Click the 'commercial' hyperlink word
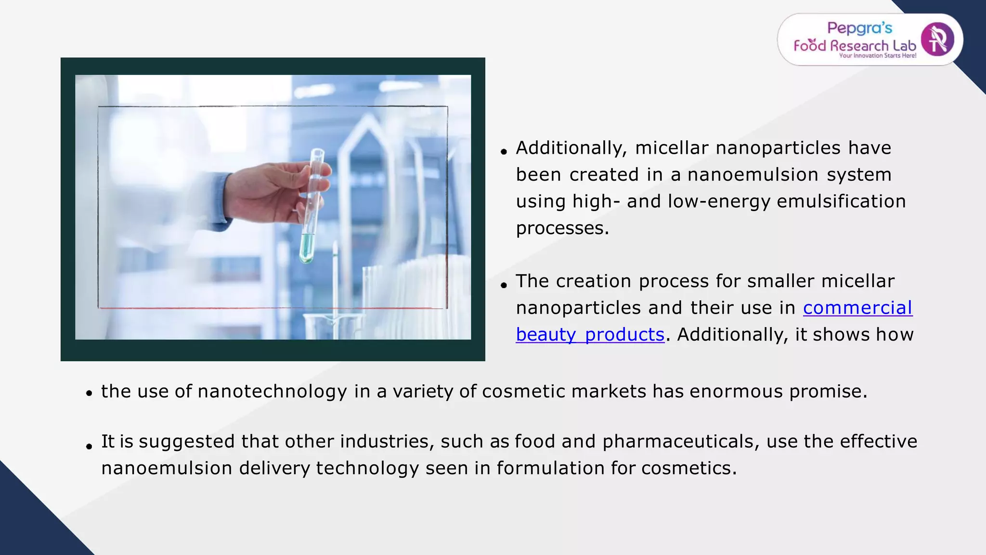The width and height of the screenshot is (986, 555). point(857,308)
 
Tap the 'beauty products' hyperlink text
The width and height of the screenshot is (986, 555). point(590,335)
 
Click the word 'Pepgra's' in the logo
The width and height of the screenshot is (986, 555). point(859,28)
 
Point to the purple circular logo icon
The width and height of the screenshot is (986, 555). point(937,40)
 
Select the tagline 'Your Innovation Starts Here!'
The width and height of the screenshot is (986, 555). point(877,56)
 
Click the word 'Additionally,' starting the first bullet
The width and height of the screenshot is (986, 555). point(571,148)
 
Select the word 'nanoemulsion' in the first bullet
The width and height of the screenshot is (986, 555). point(752,175)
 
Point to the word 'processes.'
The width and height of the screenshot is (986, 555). point(562,228)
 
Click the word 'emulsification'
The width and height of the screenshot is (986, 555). point(841,201)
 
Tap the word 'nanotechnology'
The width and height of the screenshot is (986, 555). point(272,392)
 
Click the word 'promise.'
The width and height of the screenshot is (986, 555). point(828,392)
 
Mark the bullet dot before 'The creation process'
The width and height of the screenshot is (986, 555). point(504,285)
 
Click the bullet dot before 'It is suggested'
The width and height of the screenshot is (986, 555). point(89,447)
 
